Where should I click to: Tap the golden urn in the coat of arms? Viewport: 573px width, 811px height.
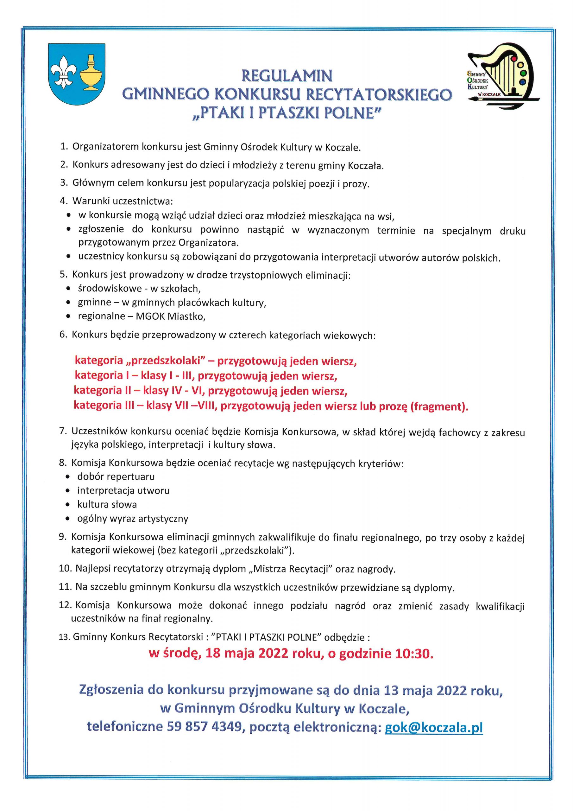coord(91,73)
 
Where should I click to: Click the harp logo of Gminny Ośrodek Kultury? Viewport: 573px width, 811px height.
coord(503,75)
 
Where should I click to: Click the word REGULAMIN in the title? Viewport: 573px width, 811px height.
coord(287,76)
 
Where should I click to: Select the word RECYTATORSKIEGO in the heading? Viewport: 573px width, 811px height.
coord(378,95)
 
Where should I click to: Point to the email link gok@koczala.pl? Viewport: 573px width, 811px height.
coord(433,727)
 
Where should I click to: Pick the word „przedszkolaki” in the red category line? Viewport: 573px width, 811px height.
coord(166,361)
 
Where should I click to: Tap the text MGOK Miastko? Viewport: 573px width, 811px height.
coord(170,316)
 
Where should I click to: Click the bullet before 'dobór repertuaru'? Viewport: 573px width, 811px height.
coord(68,477)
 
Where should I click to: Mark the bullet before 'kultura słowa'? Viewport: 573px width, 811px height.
coord(68,505)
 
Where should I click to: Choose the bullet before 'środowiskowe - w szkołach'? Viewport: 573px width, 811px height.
coord(68,289)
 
